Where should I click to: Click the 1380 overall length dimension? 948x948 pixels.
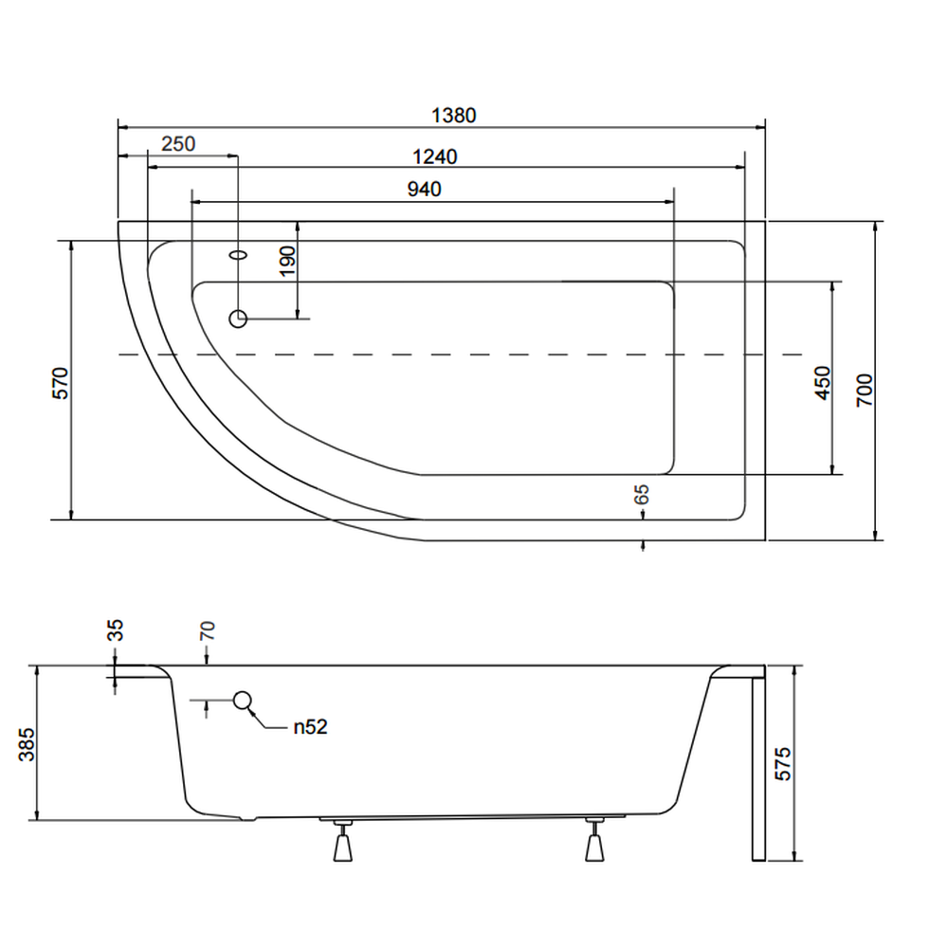point(453,116)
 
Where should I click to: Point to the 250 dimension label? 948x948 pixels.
point(178,144)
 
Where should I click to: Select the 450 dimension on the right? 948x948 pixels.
point(822,382)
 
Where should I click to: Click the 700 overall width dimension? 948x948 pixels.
point(864,389)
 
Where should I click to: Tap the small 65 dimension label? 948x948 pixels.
point(642,494)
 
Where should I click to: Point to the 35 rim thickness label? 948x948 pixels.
point(116,630)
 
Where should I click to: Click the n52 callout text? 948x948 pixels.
point(309,727)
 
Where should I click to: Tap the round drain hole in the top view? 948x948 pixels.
point(238,319)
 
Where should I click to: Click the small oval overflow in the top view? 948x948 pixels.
point(238,254)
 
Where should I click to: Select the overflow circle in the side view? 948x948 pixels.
point(243,701)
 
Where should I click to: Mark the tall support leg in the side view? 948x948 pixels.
point(757,768)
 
